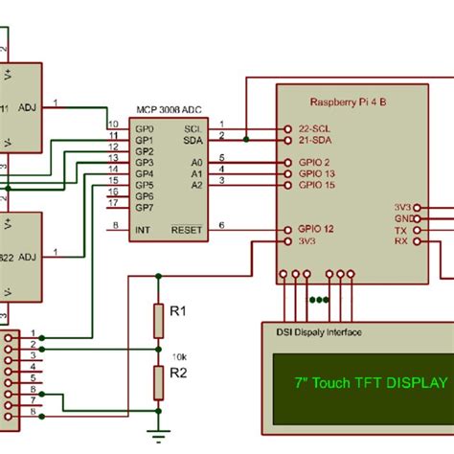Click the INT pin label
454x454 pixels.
point(143,230)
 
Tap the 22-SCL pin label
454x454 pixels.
point(315,129)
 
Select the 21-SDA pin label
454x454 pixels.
point(315,141)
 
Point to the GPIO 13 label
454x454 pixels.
point(317,173)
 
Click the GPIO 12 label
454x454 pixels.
point(317,230)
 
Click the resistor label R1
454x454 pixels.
point(177,312)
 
